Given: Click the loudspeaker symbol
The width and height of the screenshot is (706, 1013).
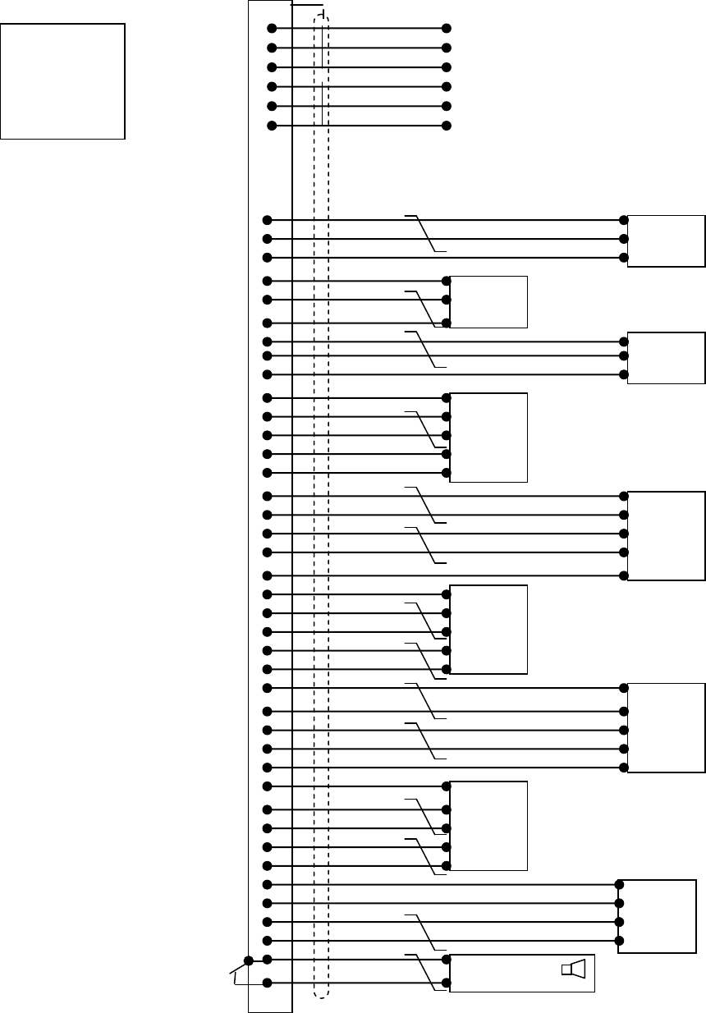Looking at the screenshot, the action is pyautogui.click(x=574, y=970).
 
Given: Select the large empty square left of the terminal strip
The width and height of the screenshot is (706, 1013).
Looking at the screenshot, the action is pyautogui.click(x=62, y=80).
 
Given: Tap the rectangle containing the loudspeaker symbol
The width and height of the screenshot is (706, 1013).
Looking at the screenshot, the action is pyautogui.click(x=520, y=974).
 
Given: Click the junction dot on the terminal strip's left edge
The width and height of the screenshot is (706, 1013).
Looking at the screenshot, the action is pyautogui.click(x=248, y=960).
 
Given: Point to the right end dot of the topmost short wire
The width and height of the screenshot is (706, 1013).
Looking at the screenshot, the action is pyautogui.click(x=447, y=29).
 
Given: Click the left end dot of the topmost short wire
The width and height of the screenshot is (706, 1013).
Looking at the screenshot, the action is pyautogui.click(x=272, y=29).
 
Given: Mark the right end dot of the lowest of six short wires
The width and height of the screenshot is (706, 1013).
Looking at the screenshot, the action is pyautogui.click(x=447, y=126).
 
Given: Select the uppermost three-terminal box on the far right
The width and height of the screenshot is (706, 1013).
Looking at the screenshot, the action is pyautogui.click(x=666, y=241).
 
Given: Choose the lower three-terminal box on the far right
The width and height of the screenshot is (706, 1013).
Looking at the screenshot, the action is pyautogui.click(x=666, y=358).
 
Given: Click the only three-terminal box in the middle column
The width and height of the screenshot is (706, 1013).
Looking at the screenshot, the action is pyautogui.click(x=488, y=302).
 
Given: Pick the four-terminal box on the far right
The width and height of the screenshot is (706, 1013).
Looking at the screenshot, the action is pyautogui.click(x=657, y=916).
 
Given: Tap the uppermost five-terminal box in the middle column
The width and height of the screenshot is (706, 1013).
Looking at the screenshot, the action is pyautogui.click(x=488, y=437).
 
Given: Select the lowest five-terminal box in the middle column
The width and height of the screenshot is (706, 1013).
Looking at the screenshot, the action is pyautogui.click(x=488, y=826).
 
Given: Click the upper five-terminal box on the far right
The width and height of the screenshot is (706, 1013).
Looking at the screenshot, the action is pyautogui.click(x=666, y=536).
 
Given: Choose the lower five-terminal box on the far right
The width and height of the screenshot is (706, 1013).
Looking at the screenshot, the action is pyautogui.click(x=666, y=727).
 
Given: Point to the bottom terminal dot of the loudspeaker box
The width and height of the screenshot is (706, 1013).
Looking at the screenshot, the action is pyautogui.click(x=447, y=983).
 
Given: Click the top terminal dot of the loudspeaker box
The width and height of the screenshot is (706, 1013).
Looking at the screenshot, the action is pyautogui.click(x=447, y=959).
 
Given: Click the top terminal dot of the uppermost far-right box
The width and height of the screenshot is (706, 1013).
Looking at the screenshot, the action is pyautogui.click(x=624, y=220).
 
